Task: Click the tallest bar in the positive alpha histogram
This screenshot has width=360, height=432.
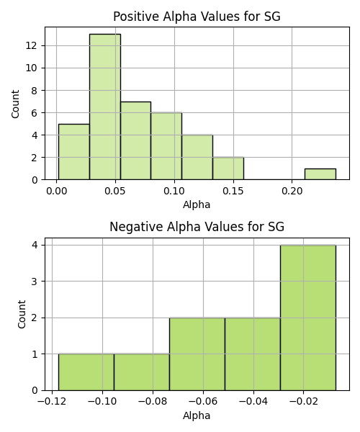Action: point(105,107)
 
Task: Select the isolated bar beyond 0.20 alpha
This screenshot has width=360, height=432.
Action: point(320,174)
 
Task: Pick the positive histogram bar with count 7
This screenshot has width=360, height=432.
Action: point(135,141)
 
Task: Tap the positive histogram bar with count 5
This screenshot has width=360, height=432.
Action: point(74,152)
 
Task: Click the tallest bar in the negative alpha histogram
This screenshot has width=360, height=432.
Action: point(308,318)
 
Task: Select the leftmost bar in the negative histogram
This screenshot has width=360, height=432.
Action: point(86,372)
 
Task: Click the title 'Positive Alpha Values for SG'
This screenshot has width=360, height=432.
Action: point(197,17)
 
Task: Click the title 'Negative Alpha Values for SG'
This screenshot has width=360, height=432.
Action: point(197,227)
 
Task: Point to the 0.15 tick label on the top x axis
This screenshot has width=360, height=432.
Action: point(233,191)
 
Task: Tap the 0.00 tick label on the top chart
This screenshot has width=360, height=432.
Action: point(56,191)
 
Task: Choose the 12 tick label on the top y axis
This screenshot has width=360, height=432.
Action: point(31,45)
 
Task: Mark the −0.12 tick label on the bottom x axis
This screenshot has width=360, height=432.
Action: point(52,402)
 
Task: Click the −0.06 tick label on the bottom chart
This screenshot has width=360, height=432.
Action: point(203,402)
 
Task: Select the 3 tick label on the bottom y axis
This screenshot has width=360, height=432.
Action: point(35,282)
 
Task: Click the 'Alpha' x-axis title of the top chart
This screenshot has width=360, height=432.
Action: point(197,204)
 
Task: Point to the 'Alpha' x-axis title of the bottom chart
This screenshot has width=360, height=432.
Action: point(197,415)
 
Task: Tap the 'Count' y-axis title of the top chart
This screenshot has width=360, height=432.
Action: point(15,104)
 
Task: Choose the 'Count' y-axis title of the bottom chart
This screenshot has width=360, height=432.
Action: point(22,315)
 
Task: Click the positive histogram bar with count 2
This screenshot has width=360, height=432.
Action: point(228,168)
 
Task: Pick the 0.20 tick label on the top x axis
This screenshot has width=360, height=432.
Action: point(292,191)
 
